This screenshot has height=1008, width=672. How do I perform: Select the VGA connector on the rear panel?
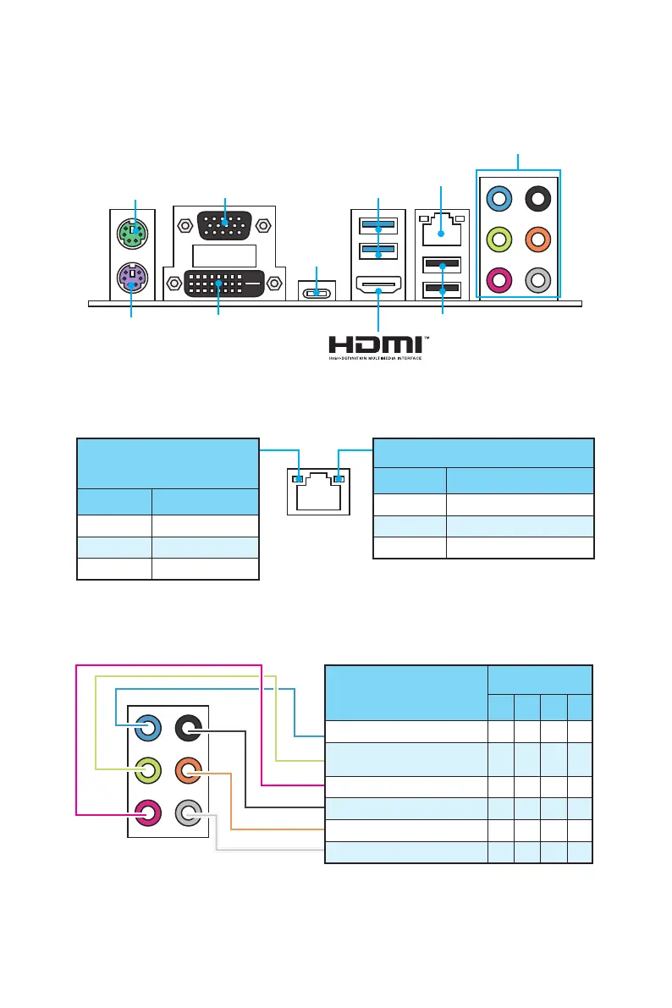point(224,227)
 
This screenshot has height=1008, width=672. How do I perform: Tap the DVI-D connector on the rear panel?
point(223,282)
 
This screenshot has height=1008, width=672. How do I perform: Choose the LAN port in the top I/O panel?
point(440,230)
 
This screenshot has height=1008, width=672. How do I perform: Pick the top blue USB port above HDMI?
point(377,227)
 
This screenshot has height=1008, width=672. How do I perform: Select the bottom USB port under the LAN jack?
point(440,290)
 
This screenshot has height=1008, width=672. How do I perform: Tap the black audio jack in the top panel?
point(537,200)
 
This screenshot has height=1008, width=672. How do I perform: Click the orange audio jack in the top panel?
point(537,240)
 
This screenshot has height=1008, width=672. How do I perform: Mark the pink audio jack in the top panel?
point(499,279)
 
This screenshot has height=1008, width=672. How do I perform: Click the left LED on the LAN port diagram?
point(296,479)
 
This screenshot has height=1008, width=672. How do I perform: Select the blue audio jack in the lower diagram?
point(148,727)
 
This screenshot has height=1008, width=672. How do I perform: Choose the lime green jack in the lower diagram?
point(148,771)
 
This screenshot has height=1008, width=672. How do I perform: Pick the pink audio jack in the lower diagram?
point(148,814)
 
